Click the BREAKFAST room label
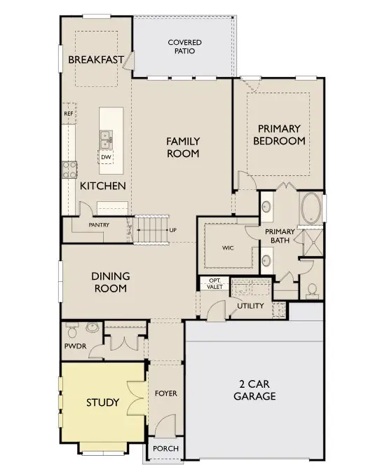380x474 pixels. (96, 60)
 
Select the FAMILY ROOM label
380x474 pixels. (183, 147)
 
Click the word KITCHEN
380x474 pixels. (102, 186)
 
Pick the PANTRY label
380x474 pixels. (97, 225)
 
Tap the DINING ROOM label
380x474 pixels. (109, 282)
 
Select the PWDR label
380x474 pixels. (74, 347)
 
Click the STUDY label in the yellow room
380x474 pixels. (102, 402)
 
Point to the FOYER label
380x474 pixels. (165, 393)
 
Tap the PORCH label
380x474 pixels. (165, 449)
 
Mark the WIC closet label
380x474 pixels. (228, 248)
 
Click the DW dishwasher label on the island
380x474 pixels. (106, 157)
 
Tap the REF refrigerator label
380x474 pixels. (69, 114)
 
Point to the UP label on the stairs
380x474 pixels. (172, 230)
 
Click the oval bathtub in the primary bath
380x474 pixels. (311, 210)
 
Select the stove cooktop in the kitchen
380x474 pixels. (70, 168)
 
